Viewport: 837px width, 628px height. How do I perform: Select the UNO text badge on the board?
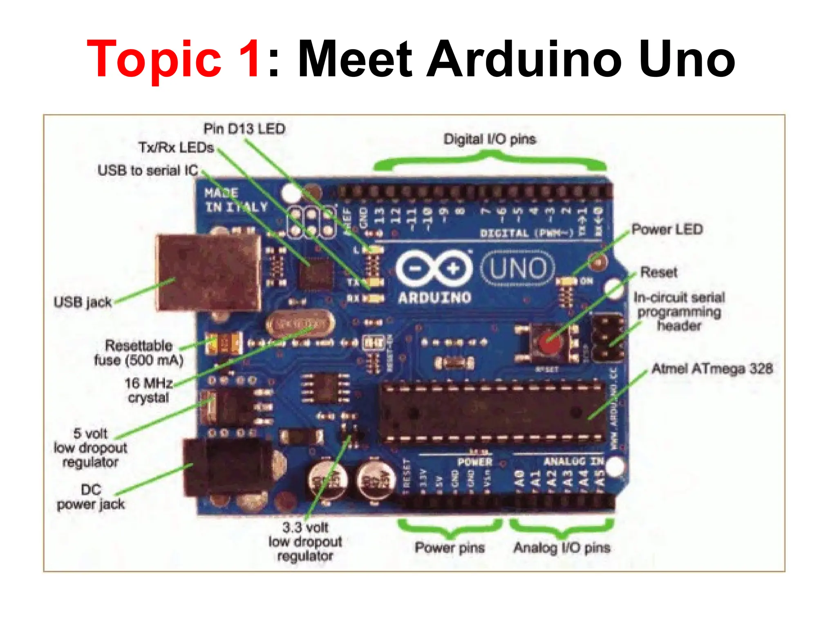tap(518, 269)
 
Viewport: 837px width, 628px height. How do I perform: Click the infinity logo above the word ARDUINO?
tap(434, 269)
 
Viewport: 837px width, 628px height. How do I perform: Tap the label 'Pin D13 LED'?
tap(244, 129)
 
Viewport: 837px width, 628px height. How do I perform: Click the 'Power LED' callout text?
tap(667, 229)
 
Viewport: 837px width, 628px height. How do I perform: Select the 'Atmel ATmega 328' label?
tap(712, 369)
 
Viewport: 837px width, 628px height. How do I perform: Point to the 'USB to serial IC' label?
tap(148, 170)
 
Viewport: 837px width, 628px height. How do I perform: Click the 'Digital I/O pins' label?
tap(490, 139)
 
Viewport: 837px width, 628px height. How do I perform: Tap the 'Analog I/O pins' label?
tap(562, 547)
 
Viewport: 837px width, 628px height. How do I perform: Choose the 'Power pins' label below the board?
tap(450, 547)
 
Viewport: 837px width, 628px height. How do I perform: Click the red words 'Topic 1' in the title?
tap(173, 59)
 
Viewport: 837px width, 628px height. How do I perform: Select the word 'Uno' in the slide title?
tap(687, 59)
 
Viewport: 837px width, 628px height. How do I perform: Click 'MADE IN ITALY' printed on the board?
tap(236, 200)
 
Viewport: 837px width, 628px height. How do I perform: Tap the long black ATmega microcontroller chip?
tap(492, 413)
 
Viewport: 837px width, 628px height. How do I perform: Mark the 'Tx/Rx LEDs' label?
tap(176, 148)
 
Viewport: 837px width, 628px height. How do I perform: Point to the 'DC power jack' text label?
tap(91, 497)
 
